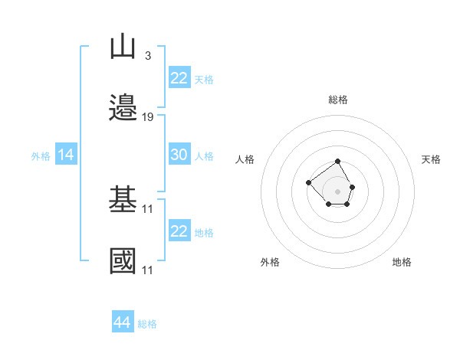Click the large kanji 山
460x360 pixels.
click(123, 46)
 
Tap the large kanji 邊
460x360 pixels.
click(123, 107)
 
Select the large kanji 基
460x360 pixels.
click(123, 198)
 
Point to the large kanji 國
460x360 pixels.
click(123, 260)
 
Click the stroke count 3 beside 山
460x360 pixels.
click(148, 55)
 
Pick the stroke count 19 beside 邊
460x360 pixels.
click(147, 117)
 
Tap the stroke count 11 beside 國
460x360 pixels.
click(147, 270)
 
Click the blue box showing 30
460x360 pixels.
click(179, 154)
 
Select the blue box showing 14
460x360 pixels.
click(66, 154)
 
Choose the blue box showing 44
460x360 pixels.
click(123, 321)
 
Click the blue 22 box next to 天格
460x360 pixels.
click(179, 77)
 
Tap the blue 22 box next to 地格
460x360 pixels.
click(179, 230)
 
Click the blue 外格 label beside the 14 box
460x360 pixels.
click(41, 156)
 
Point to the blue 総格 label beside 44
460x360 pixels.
click(147, 324)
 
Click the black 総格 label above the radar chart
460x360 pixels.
click(338, 100)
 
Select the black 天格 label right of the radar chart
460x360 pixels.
click(431, 159)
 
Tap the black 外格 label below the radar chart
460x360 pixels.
click(270, 262)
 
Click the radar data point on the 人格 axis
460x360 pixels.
click(308, 182)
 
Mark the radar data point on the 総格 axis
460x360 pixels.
click(337, 162)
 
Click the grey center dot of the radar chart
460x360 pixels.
click(337, 191)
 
